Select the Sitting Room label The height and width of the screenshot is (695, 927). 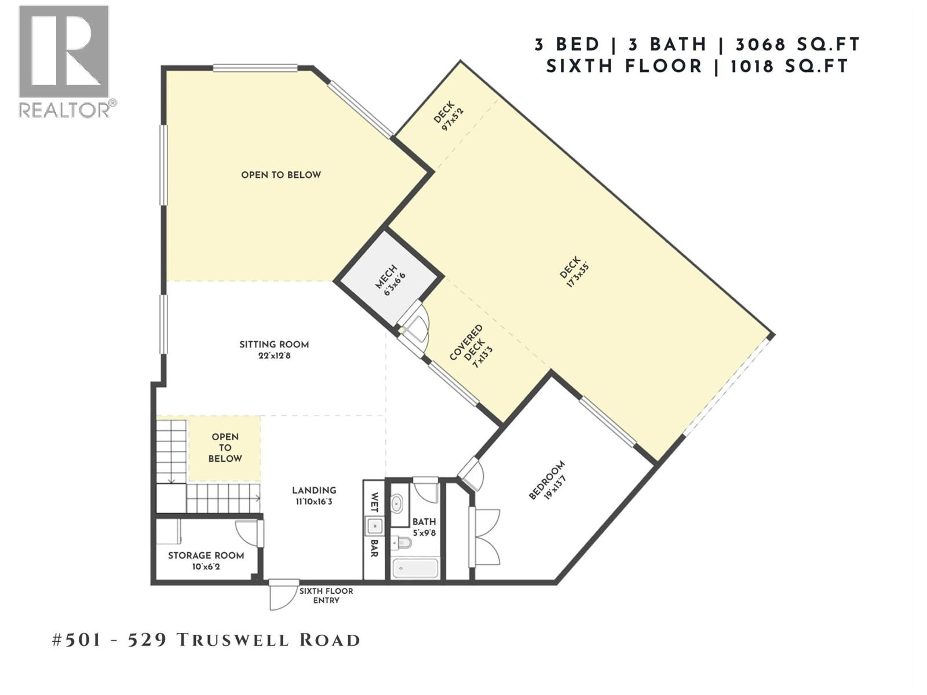[274, 345]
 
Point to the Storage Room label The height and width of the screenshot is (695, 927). [206, 555]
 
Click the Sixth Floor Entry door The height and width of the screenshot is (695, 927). [284, 595]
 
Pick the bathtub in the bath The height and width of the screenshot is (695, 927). [415, 568]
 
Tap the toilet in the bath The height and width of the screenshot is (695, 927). [402, 543]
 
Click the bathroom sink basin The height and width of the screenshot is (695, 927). [398, 503]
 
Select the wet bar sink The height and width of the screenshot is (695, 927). [374, 526]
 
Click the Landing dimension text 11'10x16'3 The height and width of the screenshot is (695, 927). [314, 502]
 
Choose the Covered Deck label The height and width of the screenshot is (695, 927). [466, 343]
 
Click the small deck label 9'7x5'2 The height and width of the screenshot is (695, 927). [452, 119]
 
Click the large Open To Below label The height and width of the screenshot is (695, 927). [281, 175]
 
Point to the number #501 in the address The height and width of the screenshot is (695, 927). [76, 640]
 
